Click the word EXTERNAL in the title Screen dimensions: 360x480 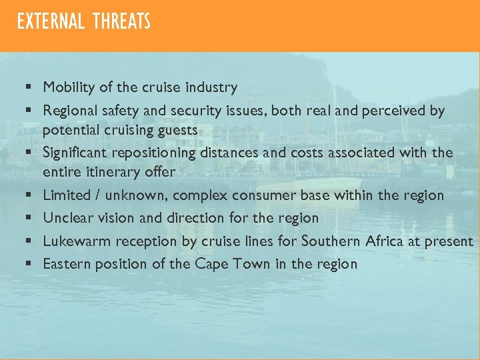click(51, 22)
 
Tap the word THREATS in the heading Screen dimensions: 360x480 click(122, 22)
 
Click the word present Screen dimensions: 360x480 click(449, 241)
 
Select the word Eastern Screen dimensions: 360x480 click(67, 264)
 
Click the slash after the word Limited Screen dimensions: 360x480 click(99, 195)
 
